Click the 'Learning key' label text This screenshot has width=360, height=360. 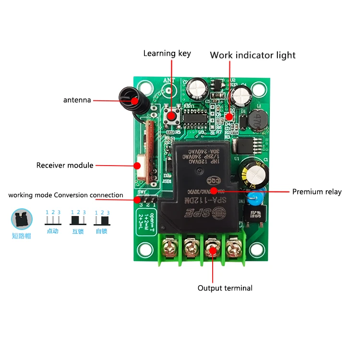[167, 53]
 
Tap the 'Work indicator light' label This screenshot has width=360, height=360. [252, 55]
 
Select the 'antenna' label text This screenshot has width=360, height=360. [77, 100]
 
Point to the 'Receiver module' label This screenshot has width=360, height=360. [65, 165]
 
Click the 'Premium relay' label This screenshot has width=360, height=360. [317, 192]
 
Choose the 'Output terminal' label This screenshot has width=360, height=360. [225, 288]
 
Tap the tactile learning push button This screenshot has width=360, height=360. [171, 117]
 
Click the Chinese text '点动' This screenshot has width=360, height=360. [52, 231]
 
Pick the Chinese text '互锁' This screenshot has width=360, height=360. [77, 231]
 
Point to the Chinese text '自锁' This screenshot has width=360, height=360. [101, 231]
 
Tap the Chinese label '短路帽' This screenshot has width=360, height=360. [21, 236]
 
